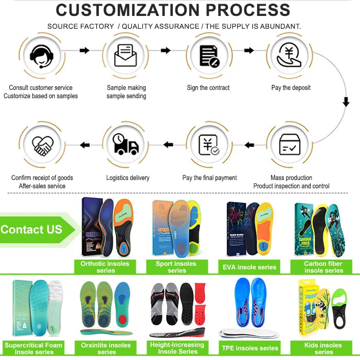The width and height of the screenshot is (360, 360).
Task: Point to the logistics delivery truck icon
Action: [125, 145]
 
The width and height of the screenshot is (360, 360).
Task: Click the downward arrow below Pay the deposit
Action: [346, 102]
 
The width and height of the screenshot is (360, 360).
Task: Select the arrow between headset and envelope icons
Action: [84, 50]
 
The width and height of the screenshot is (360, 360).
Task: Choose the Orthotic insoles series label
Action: [105, 267]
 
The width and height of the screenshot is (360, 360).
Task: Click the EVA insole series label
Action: [250, 267]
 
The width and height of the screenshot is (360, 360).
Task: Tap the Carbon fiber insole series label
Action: [323, 267]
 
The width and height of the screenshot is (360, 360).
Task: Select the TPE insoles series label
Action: [250, 348]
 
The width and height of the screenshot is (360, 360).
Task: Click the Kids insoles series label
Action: [323, 348]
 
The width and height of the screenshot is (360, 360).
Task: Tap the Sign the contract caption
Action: [208, 88]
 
